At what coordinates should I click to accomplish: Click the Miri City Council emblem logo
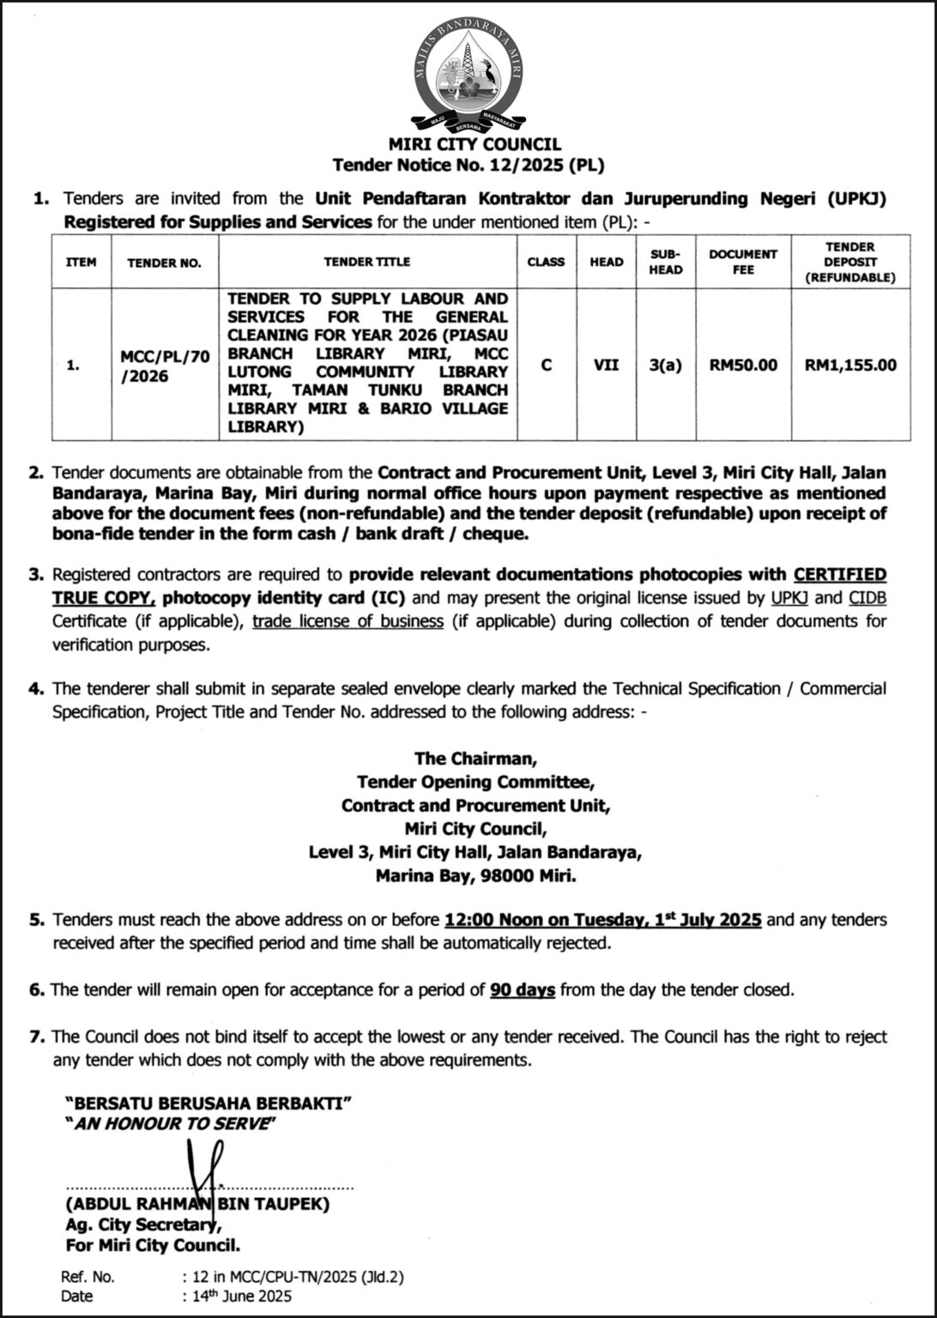pos(468,77)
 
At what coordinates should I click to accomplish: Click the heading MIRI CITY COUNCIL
pos(468,144)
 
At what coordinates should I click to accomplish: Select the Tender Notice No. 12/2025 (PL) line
pos(468,165)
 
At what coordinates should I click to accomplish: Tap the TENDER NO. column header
pos(164,263)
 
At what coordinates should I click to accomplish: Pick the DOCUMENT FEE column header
pos(742,262)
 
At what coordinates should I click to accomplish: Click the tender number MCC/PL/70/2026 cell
pos(164,366)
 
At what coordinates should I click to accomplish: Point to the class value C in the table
pos(546,365)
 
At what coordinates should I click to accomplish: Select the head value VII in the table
pos(607,365)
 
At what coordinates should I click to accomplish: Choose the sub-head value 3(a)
pos(666,365)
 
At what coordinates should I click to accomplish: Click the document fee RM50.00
pos(742,365)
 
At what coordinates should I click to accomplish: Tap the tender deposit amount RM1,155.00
pos(849,365)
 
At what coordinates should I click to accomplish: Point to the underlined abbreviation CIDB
pos(867,597)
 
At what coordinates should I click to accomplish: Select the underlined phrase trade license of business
pos(348,620)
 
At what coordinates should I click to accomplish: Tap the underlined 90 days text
pos(523,989)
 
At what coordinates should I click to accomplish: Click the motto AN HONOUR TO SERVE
pos(172,1123)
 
